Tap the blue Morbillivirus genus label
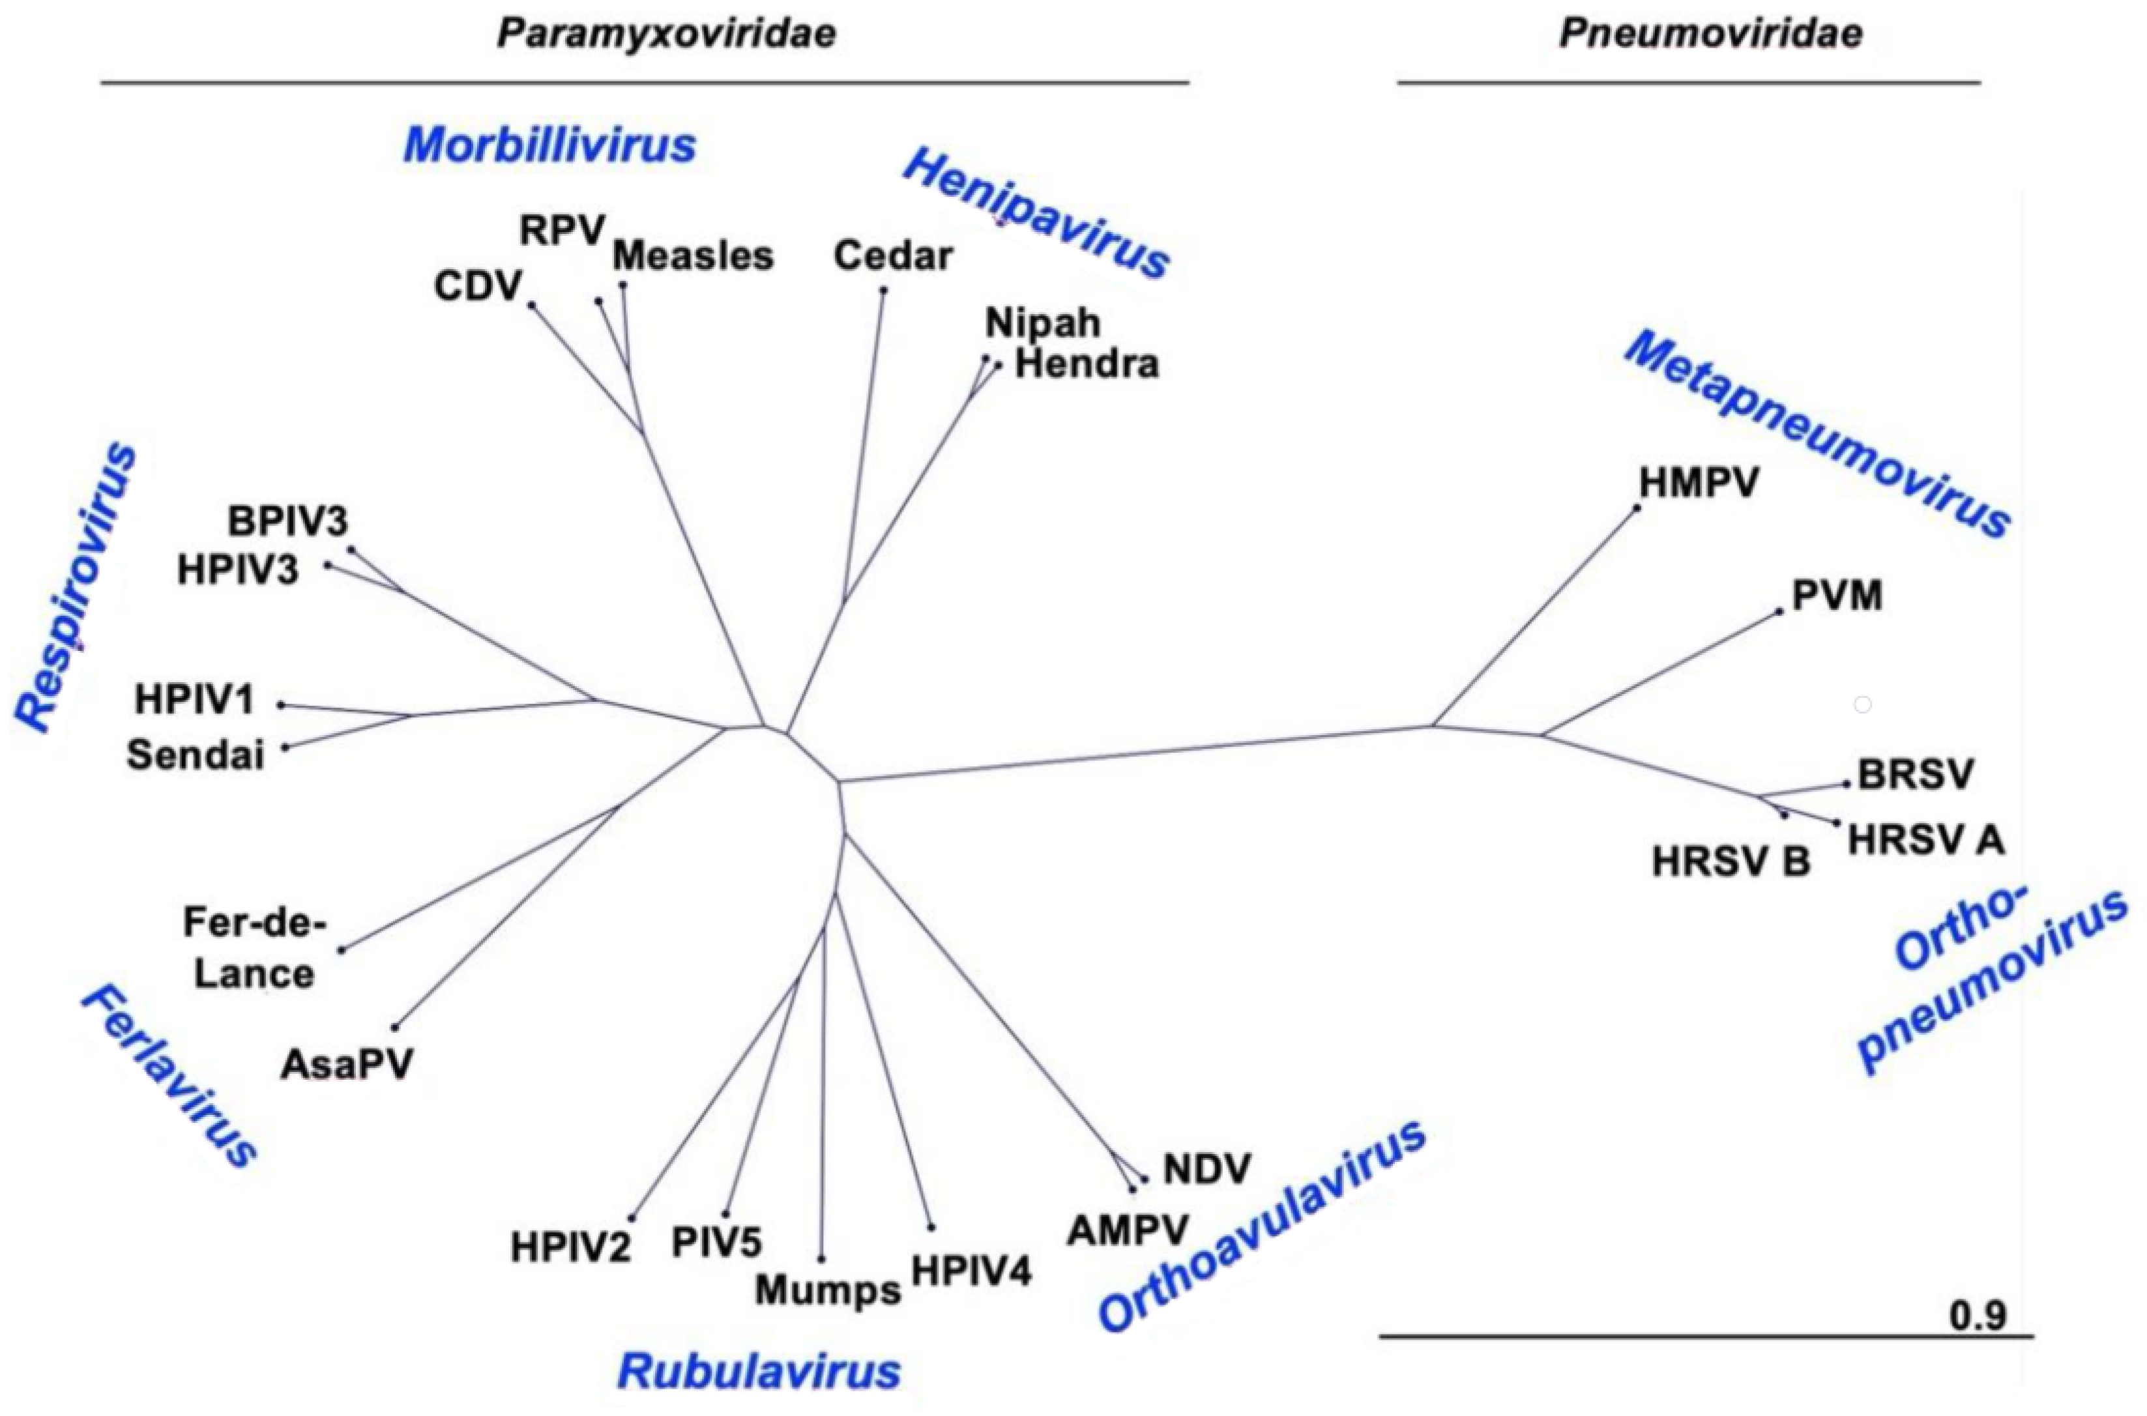click(549, 145)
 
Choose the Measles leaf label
click(693, 257)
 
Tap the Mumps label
click(827, 1290)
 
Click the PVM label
click(1836, 596)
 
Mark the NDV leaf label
click(1206, 1170)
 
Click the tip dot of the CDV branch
click(532, 305)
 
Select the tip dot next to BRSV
click(1847, 784)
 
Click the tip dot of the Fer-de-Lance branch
click(342, 950)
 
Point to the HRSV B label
click(1731, 862)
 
